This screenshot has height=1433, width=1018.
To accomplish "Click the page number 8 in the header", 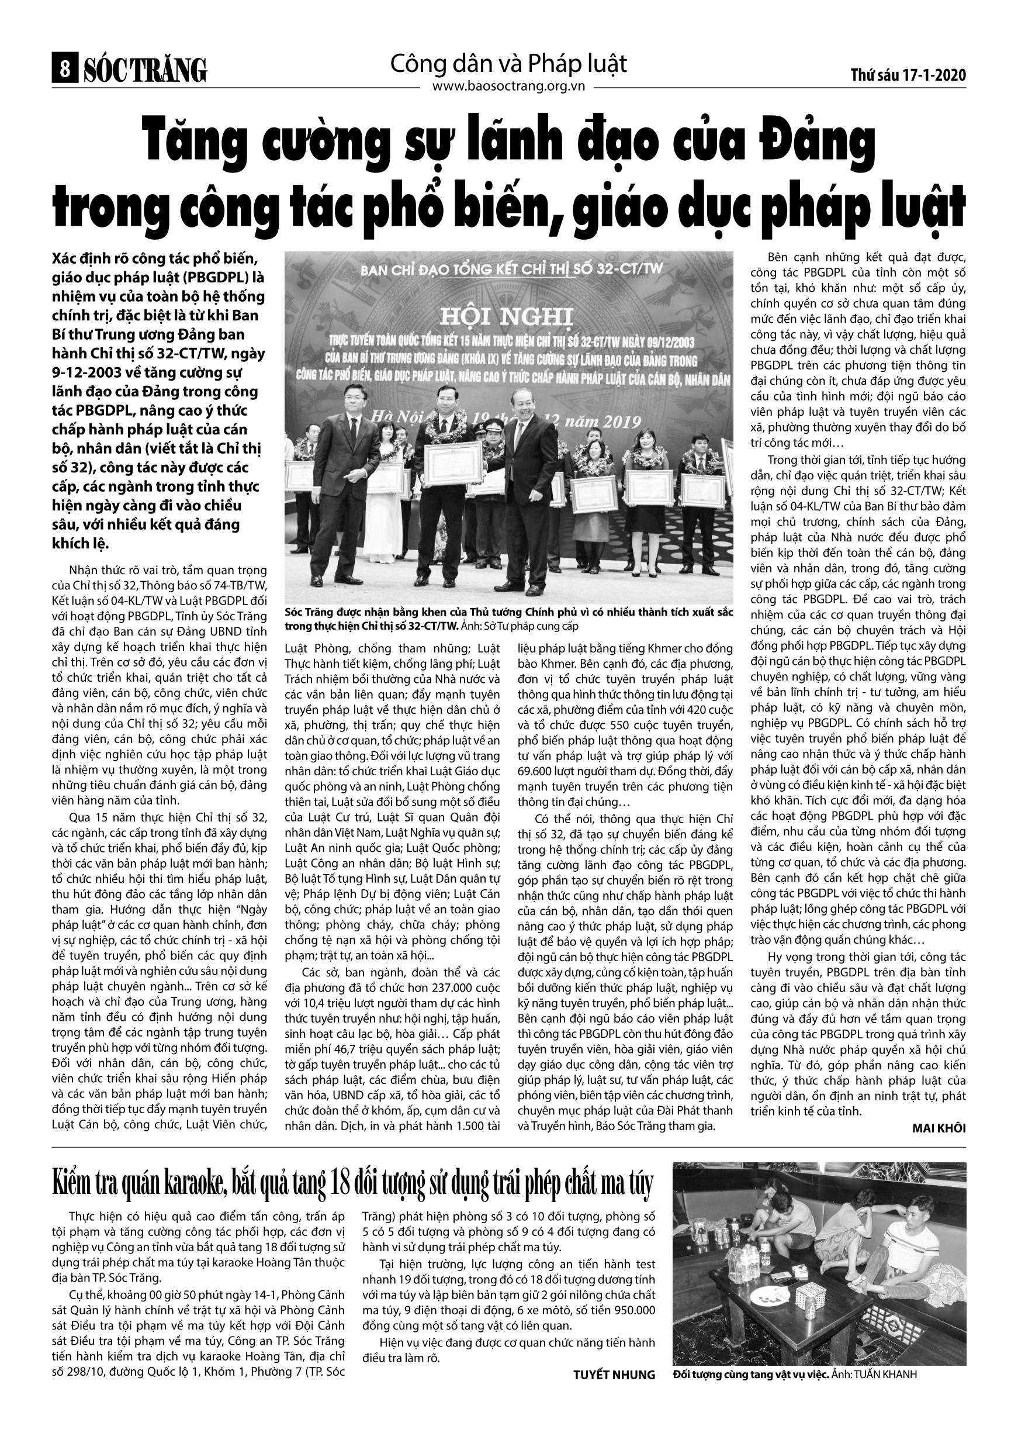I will point(63,69).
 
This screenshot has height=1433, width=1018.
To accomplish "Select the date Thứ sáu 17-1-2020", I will point(908,75).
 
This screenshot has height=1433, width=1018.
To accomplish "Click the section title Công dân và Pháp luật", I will point(508,64).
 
